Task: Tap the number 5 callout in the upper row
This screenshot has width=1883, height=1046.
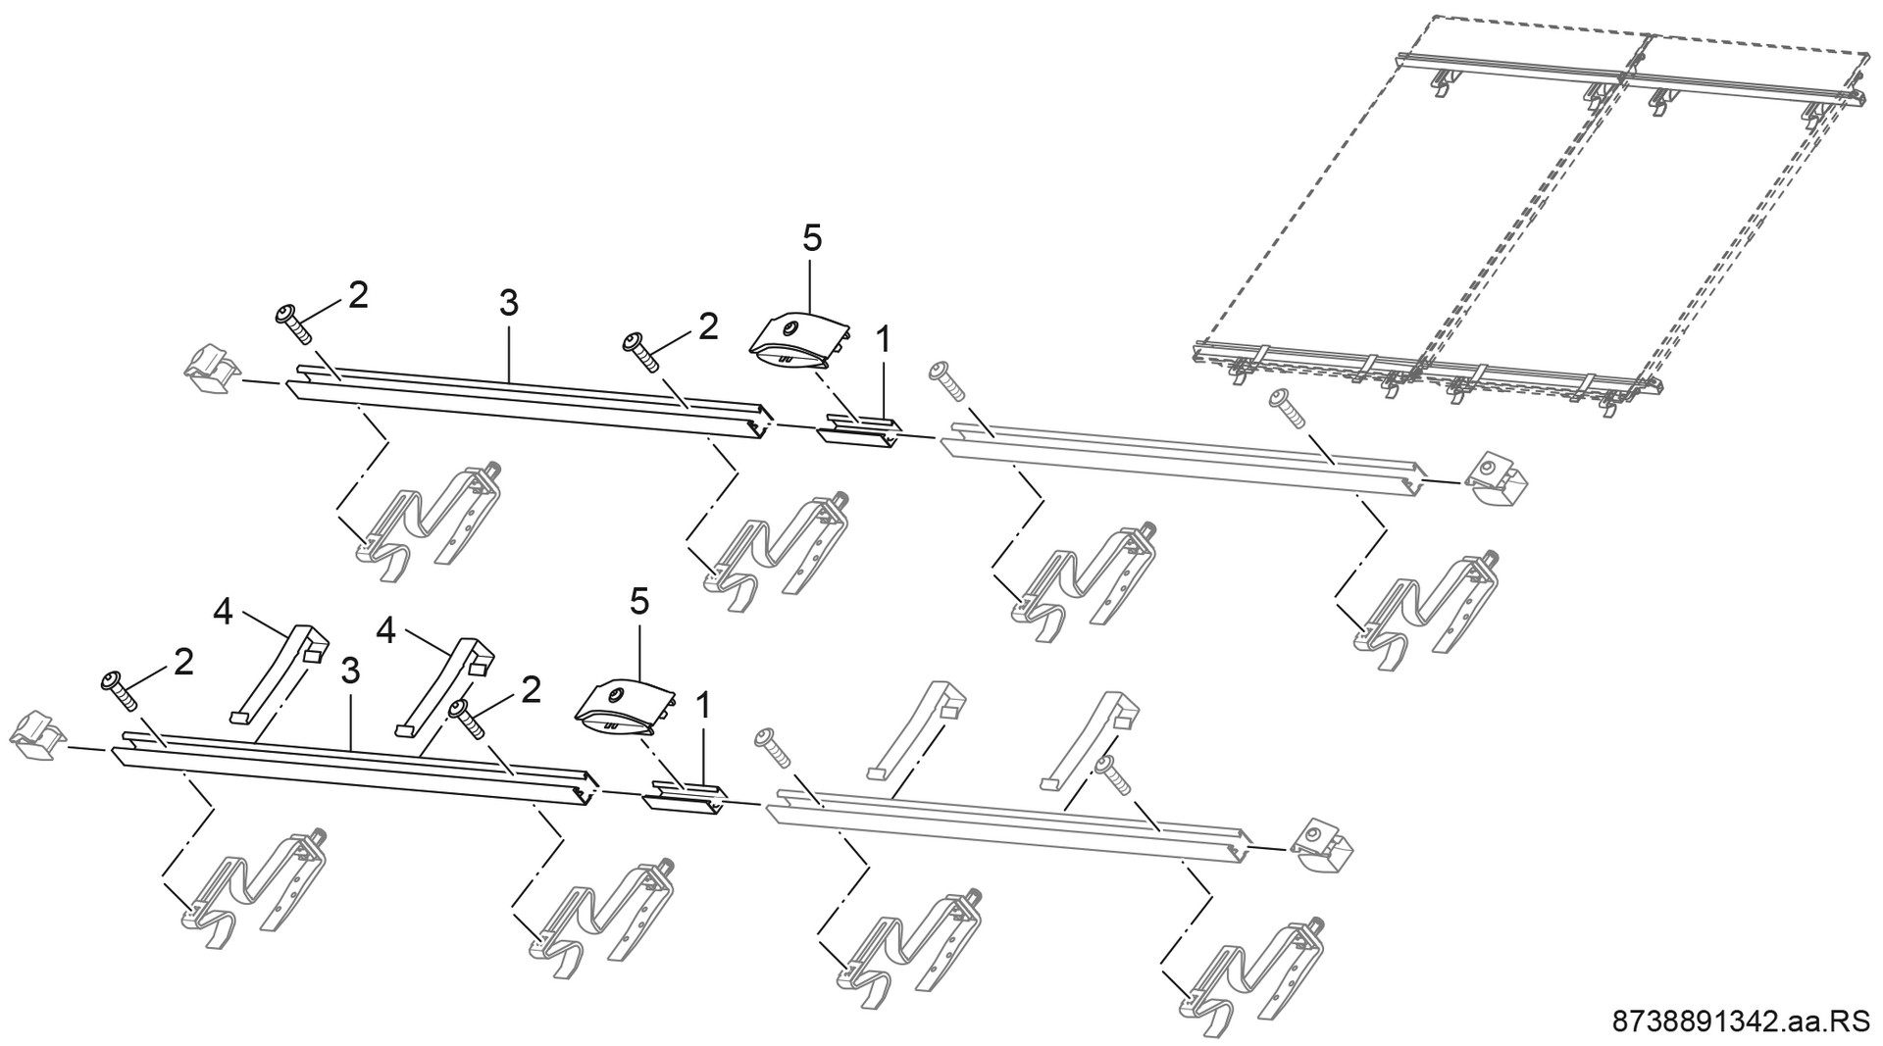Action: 812,238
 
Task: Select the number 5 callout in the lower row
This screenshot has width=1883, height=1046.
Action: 638,602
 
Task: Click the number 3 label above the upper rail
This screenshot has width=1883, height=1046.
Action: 508,304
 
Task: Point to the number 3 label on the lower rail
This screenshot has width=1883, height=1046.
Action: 350,672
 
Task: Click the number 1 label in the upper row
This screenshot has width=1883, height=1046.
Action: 883,340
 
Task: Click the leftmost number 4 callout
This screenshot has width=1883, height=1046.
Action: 223,613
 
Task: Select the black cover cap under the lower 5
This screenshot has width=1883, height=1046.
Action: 623,706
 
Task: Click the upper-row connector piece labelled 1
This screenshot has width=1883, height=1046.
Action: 860,431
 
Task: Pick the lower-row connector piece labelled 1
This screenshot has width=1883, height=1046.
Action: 684,796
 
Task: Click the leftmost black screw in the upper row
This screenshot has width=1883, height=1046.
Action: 293,324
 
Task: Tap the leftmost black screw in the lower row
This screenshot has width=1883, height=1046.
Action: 121,690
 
